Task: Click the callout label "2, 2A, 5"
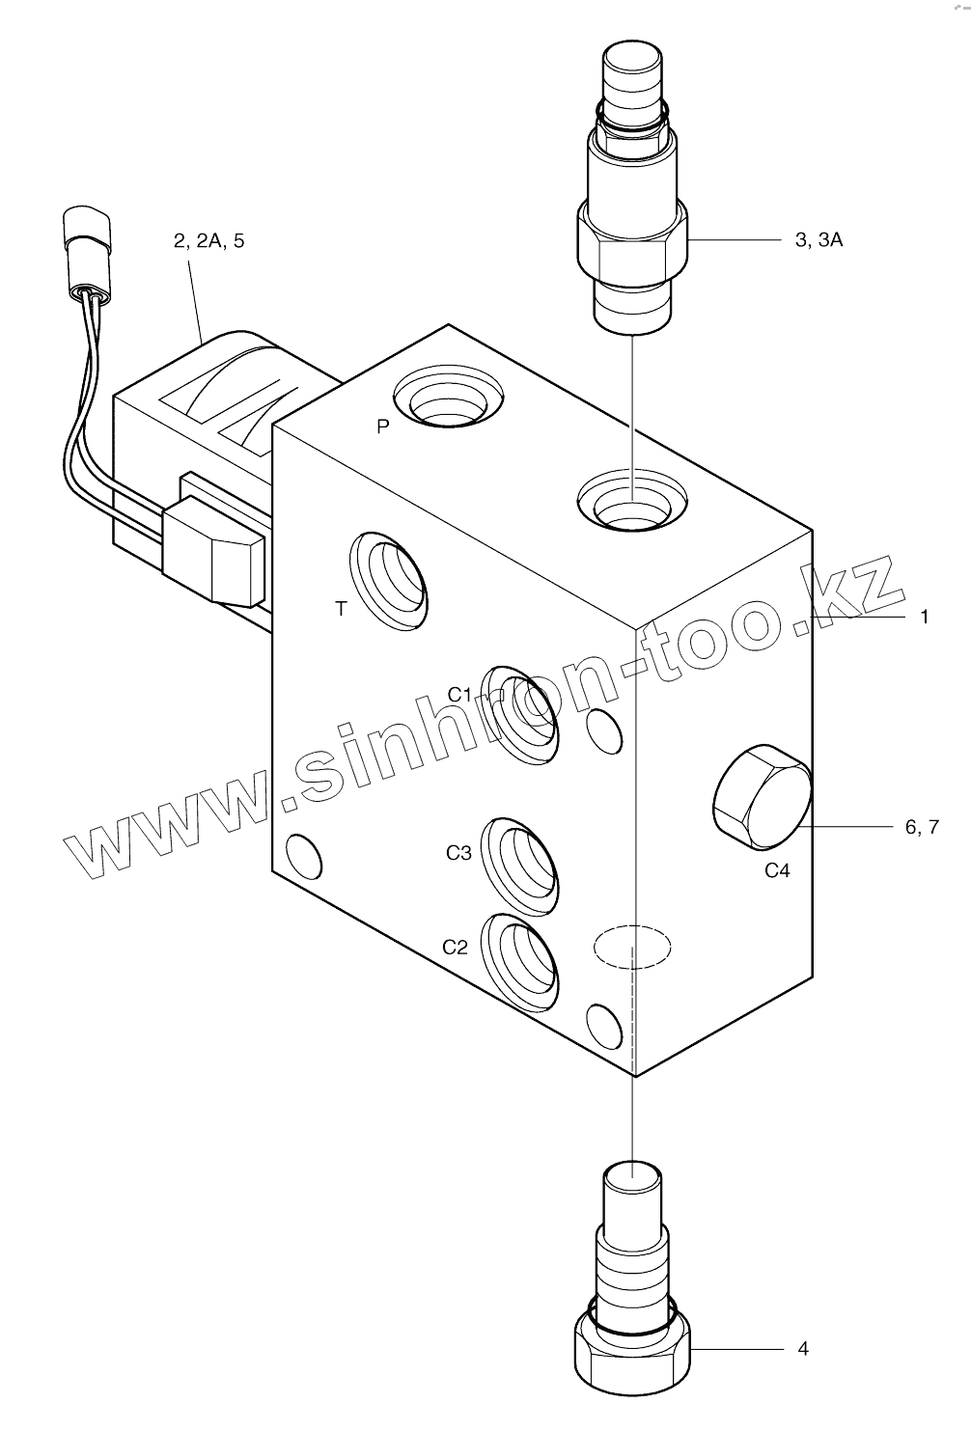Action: (208, 240)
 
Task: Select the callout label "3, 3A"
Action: (818, 240)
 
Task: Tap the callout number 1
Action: (924, 616)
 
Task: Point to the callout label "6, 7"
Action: (922, 827)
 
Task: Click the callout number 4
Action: (803, 1348)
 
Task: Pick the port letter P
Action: (383, 427)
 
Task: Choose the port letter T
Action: (340, 609)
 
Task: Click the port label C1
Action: (459, 695)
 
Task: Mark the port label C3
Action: (458, 853)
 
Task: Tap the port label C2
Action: (455, 947)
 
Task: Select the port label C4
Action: (777, 870)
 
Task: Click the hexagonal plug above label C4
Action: (761, 797)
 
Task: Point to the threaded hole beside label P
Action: (450, 397)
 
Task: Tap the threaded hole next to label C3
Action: (522, 867)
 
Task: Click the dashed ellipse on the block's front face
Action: (631, 947)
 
